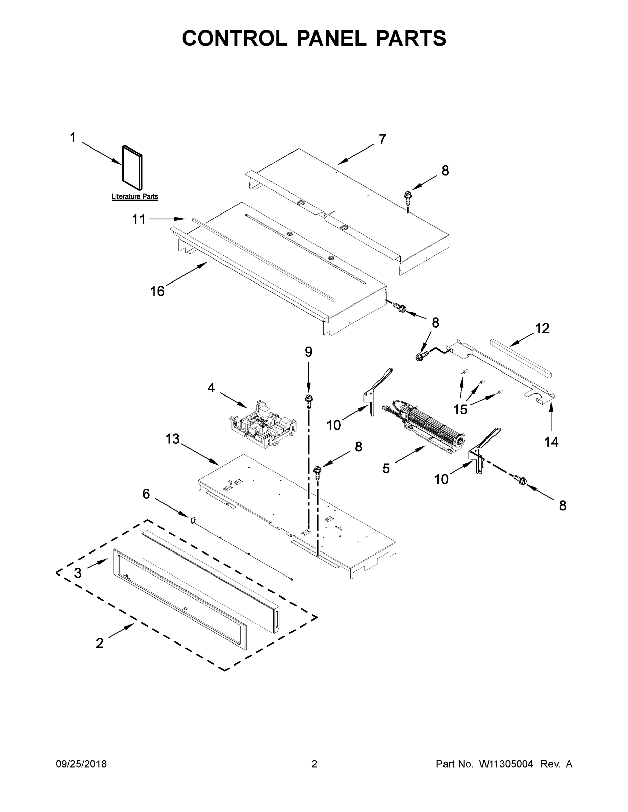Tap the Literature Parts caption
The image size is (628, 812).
point(135,196)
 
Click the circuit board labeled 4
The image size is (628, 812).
point(262,425)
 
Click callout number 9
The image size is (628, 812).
point(308,352)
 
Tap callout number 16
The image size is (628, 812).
point(157,291)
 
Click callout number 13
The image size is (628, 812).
point(173,439)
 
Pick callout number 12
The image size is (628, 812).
point(542,328)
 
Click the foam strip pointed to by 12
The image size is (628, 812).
point(521,357)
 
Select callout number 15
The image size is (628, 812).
point(460,410)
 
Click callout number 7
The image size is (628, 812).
point(382,139)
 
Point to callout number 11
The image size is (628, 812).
point(139,219)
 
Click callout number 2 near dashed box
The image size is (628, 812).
point(99,643)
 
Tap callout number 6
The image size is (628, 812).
point(146,494)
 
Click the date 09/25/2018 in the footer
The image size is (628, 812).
point(81,764)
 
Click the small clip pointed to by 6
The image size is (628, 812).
point(193,520)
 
